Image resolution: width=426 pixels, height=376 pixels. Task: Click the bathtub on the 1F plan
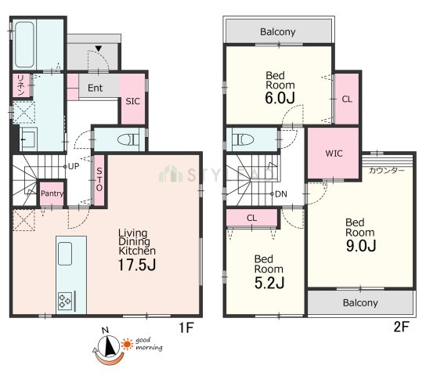pyautogui.click(x=24, y=45)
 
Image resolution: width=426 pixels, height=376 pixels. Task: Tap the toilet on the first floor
pyautogui.click(x=128, y=140)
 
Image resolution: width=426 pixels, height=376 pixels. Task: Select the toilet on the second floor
pyautogui.click(x=244, y=139)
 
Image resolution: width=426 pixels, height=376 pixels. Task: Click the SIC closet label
pyautogui.click(x=132, y=101)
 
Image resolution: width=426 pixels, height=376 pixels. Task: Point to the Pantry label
pyautogui.click(x=52, y=193)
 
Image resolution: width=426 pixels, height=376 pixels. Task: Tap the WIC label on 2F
pyautogui.click(x=334, y=154)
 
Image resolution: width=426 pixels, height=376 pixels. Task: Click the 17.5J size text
pyautogui.click(x=137, y=265)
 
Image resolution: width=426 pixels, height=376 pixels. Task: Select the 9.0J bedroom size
pyautogui.click(x=361, y=246)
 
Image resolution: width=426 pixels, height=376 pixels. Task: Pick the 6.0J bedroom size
pyautogui.click(x=280, y=98)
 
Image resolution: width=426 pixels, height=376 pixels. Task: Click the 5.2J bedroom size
pyautogui.click(x=269, y=283)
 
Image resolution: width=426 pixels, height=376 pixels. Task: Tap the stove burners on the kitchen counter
pyautogui.click(x=65, y=301)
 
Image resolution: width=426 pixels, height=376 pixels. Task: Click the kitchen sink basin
pyautogui.click(x=65, y=254)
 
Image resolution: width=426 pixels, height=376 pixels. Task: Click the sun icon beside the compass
pyautogui.click(x=127, y=344)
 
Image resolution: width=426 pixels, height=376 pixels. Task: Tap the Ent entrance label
pyautogui.click(x=95, y=88)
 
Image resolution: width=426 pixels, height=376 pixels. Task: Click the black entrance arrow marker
pyautogui.click(x=99, y=49)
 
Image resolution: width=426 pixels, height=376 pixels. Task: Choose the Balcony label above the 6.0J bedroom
pyautogui.click(x=278, y=32)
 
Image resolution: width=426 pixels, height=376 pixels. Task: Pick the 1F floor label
pyautogui.click(x=186, y=327)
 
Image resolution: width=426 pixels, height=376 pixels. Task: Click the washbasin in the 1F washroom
pyautogui.click(x=28, y=139)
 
